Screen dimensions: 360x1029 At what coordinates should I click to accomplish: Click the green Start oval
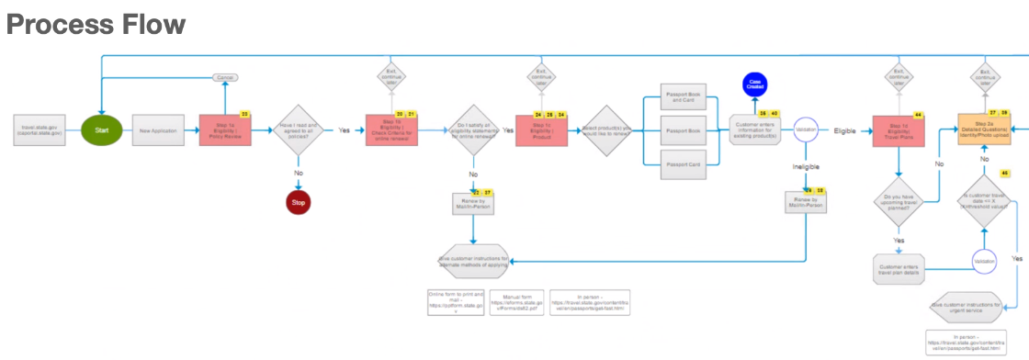click(x=102, y=130)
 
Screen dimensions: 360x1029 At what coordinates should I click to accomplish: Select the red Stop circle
click(x=299, y=201)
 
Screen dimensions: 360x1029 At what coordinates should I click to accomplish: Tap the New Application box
click(x=159, y=130)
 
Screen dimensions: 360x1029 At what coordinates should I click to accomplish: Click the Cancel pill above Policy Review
click(x=225, y=78)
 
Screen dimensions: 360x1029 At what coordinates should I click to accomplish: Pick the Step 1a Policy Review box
click(x=225, y=130)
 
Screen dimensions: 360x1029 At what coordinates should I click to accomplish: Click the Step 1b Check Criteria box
click(x=390, y=130)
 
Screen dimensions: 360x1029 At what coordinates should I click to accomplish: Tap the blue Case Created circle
click(x=755, y=84)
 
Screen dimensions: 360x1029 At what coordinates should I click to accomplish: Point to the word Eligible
click(x=844, y=131)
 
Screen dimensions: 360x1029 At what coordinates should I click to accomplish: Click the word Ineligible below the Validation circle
click(x=806, y=167)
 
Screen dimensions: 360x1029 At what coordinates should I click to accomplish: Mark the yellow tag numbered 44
click(x=918, y=115)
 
